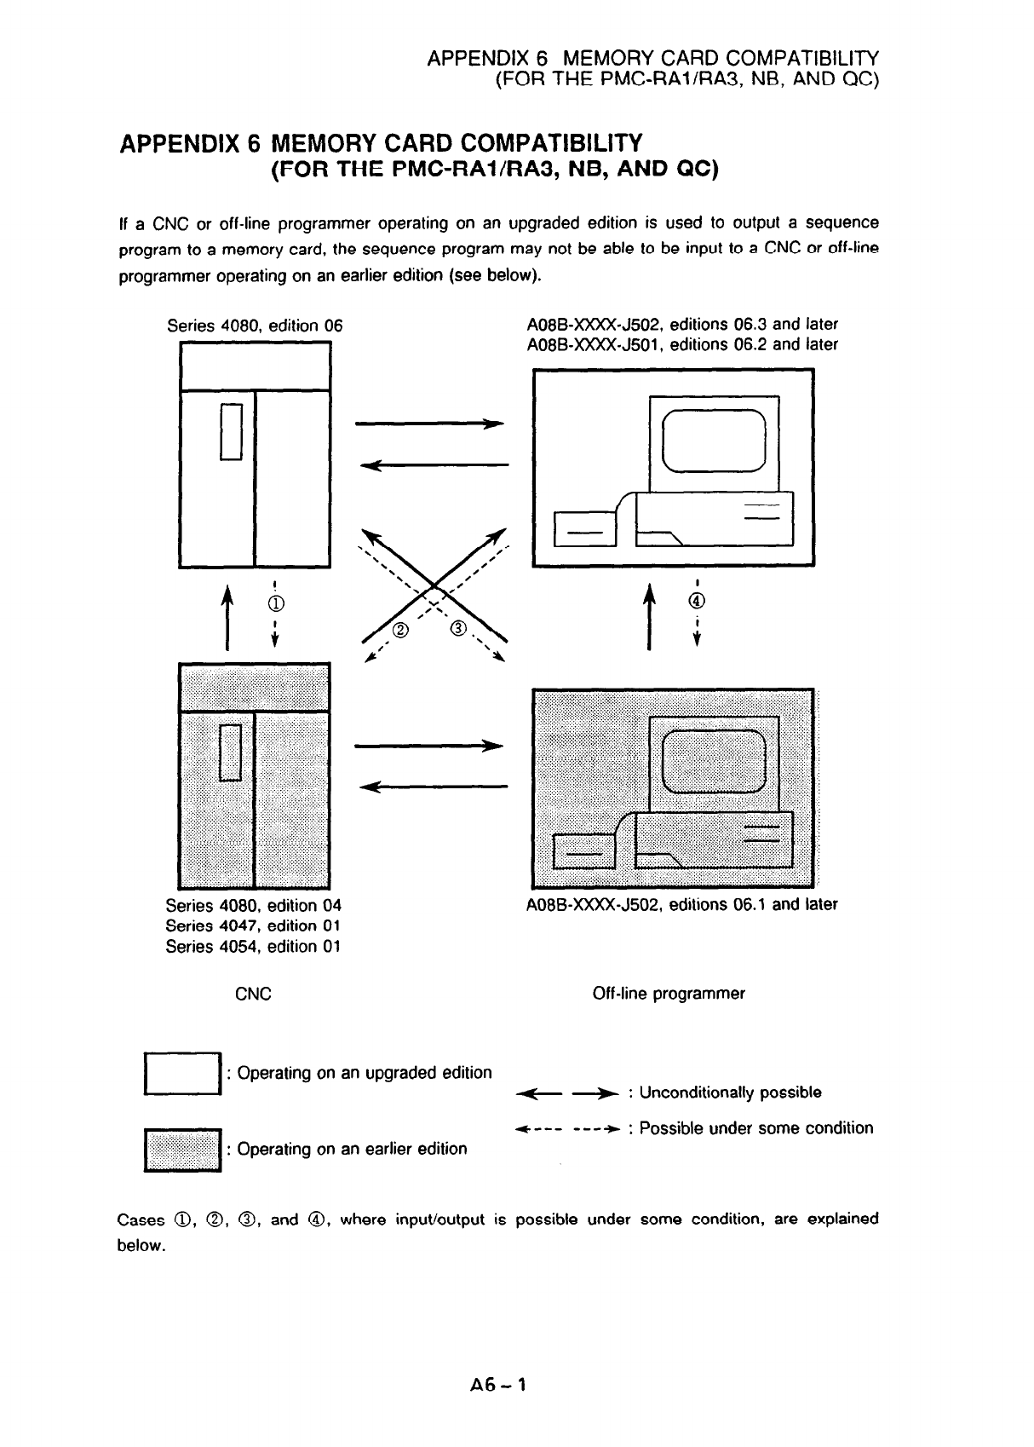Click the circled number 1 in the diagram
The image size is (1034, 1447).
coord(276,604)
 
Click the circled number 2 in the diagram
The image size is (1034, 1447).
coord(401,631)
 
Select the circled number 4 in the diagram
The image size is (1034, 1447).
coord(698,601)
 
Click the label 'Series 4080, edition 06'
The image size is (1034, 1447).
coord(255,326)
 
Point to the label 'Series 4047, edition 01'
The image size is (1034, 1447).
coord(253,925)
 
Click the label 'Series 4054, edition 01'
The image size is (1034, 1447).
coord(253,947)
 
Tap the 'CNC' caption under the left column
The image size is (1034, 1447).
coord(253,994)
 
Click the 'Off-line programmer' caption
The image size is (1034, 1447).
coord(669,994)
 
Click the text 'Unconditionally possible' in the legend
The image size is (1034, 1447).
coord(730,1092)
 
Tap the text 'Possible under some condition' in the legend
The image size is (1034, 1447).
coord(756,1128)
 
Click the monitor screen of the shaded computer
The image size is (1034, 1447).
coord(714,761)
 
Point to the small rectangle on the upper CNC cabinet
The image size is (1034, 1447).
coord(232,431)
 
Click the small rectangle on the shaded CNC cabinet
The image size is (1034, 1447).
coord(232,752)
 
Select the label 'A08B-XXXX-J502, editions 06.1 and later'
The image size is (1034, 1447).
coord(683,904)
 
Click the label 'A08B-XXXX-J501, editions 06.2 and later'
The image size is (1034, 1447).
coord(683,344)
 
